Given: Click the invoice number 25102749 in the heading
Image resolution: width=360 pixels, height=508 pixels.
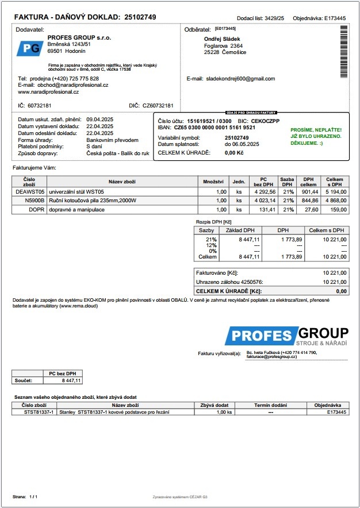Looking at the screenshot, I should pos(140,17).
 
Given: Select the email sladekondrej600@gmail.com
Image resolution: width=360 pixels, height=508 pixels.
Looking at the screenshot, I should pos(240,79).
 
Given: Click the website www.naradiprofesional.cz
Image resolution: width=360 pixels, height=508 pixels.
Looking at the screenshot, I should pos(48,92).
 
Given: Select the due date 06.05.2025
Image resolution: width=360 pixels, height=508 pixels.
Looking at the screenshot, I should pos(242,144).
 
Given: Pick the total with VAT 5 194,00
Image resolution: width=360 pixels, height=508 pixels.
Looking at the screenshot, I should pos(335,191).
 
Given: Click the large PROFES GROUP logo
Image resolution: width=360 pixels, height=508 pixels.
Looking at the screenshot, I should pos(286,336).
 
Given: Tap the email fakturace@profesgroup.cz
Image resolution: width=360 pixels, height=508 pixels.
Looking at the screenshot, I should pos(271,357).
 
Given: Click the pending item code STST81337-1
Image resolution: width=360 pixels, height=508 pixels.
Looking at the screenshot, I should pos(39,412).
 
